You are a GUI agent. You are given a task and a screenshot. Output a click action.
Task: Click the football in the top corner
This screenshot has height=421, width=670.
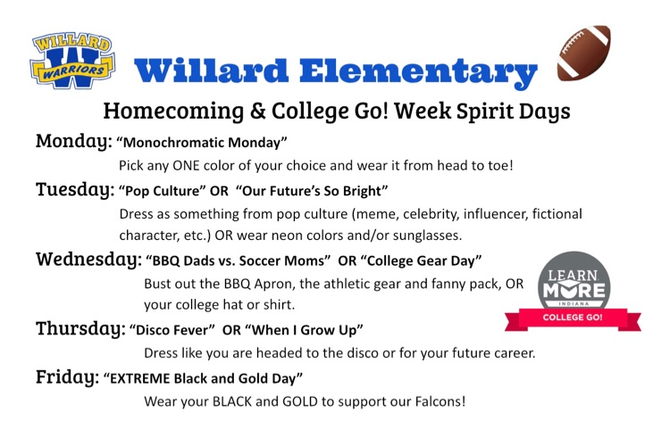(x=583, y=53)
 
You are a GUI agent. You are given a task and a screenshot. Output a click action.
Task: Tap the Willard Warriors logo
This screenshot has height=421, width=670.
(x=72, y=60)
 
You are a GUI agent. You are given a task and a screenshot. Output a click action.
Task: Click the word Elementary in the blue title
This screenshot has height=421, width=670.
(x=418, y=71)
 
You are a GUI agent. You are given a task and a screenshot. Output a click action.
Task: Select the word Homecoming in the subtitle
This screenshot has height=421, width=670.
(x=173, y=111)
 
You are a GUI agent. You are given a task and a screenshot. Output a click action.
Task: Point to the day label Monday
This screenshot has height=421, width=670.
(x=73, y=141)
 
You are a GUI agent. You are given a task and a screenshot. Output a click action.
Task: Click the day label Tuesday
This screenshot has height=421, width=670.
(x=75, y=189)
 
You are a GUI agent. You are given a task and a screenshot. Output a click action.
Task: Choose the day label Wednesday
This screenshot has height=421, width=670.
(x=88, y=259)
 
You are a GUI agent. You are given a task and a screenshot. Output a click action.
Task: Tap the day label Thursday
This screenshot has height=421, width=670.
(x=80, y=328)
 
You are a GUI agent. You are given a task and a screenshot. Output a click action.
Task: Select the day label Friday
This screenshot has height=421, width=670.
(x=68, y=376)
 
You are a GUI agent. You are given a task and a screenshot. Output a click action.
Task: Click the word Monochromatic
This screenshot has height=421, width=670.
(x=173, y=143)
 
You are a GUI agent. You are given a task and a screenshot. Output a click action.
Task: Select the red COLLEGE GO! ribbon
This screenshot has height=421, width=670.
(x=573, y=318)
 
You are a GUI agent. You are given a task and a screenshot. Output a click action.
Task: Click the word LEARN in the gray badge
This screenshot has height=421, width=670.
(x=573, y=275)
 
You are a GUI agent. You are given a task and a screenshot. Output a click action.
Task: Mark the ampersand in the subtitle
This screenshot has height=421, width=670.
(x=257, y=111)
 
